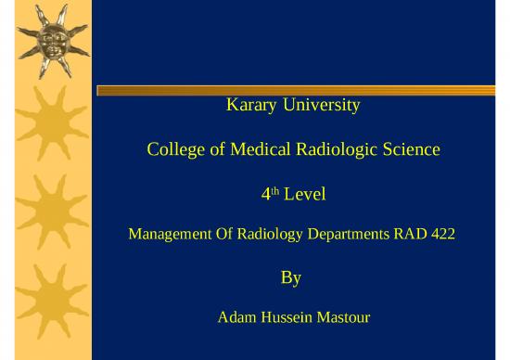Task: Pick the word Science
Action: (x=413, y=150)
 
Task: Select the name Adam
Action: (x=236, y=319)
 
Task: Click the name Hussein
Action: (x=288, y=319)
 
